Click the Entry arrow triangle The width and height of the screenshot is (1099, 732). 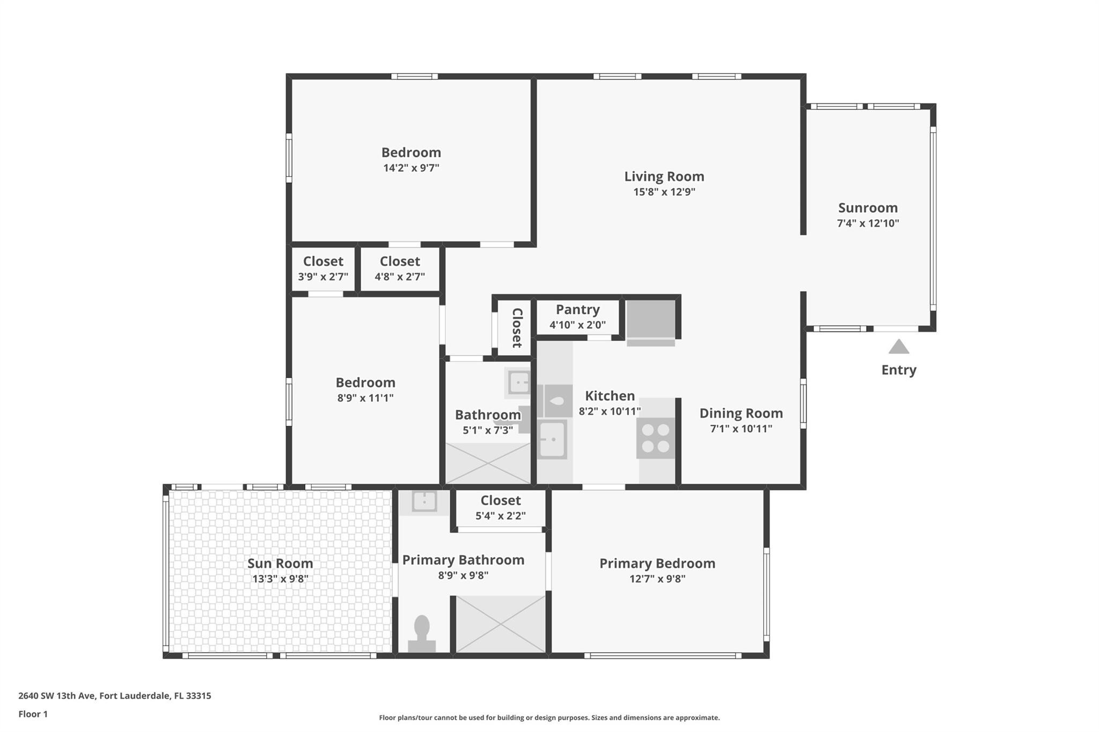(898, 347)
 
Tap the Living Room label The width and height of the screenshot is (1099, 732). (664, 176)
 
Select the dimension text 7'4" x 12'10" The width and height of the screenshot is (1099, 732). (868, 223)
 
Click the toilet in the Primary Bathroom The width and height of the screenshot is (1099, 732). (422, 633)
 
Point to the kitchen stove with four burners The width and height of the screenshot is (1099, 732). (655, 438)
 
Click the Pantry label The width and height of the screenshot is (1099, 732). (577, 309)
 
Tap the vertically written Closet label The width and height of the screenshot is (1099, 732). (517, 328)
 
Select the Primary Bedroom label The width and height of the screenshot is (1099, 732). (657, 563)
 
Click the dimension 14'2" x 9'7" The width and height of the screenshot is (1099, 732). (411, 168)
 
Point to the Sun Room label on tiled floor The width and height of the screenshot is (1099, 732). (280, 563)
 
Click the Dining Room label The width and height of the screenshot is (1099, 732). (741, 413)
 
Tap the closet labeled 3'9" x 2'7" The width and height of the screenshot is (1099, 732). (323, 269)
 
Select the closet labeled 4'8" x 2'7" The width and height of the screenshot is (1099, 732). (399, 269)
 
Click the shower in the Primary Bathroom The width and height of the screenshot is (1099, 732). (500, 624)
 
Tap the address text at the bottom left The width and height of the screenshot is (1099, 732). (115, 696)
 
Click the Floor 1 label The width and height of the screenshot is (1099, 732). (33, 714)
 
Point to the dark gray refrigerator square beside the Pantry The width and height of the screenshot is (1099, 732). (650, 319)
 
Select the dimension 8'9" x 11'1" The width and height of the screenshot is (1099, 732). (365, 398)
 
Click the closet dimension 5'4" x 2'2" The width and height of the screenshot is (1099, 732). (500, 516)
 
